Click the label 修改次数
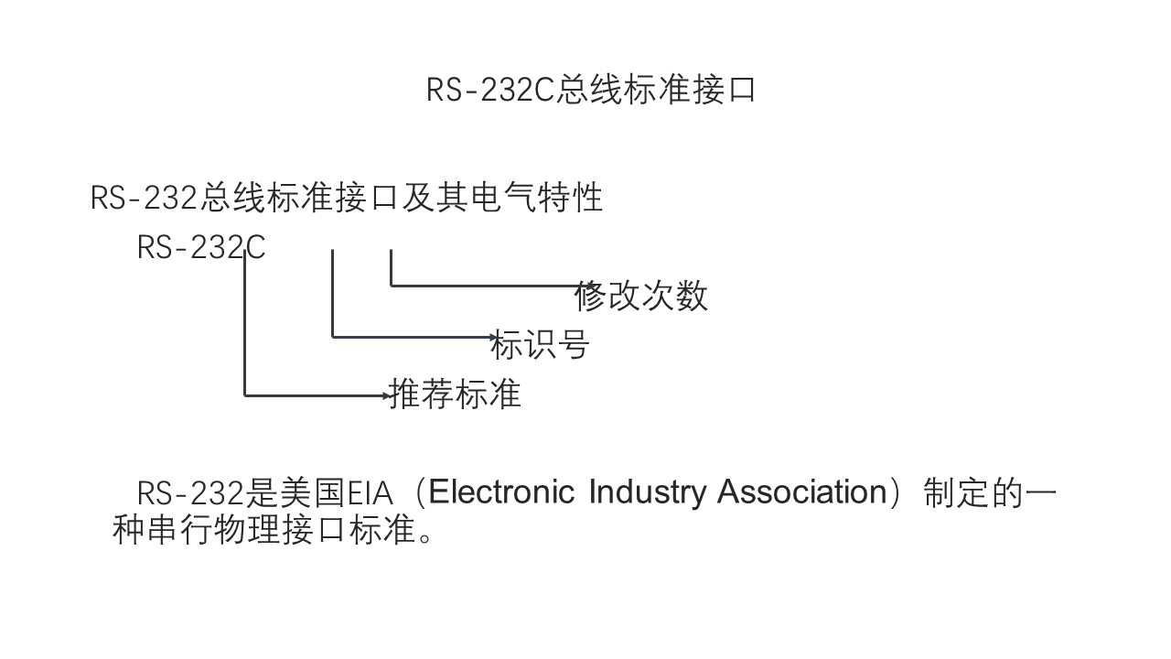[x=641, y=296]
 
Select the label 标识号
[x=541, y=345]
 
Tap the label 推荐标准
[x=456, y=394]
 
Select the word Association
[x=801, y=492]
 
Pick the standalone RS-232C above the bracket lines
[x=201, y=247]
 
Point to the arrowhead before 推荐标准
[x=386, y=395]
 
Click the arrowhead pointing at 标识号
[x=494, y=337]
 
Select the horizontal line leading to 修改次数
[x=485, y=286]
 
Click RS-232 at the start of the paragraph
[x=190, y=493]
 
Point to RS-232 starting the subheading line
[x=145, y=198]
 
